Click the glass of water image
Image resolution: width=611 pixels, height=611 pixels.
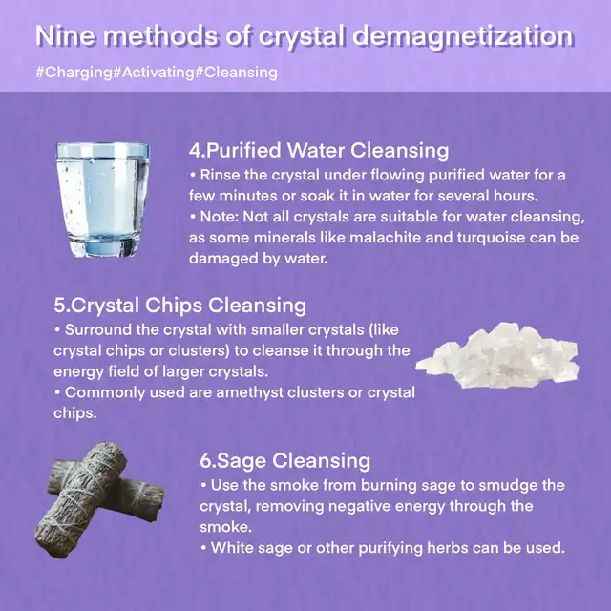click(102, 200)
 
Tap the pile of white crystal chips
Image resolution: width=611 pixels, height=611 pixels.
click(498, 355)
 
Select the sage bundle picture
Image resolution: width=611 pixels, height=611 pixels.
click(99, 499)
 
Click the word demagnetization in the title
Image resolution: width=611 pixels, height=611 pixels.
click(463, 36)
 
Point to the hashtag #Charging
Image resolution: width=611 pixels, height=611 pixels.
click(74, 73)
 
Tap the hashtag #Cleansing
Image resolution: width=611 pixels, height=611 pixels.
click(236, 73)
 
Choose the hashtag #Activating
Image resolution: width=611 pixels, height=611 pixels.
click(154, 73)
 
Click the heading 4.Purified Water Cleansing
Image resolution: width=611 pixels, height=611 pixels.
click(319, 151)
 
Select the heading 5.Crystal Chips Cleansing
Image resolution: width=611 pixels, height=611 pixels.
click(180, 305)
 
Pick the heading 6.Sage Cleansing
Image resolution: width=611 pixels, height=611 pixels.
click(284, 460)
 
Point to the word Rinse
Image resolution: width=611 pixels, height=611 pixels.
click(220, 176)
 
